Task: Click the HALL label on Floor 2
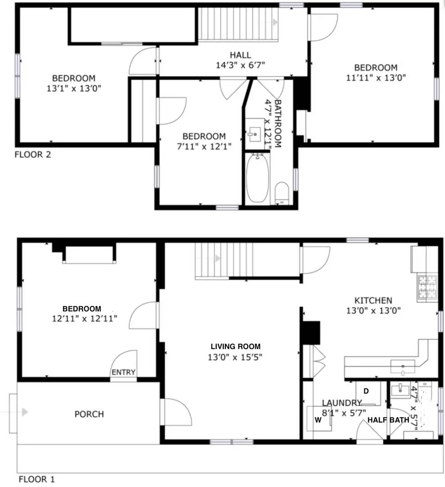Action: click(x=240, y=55)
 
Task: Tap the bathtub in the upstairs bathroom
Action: click(x=257, y=178)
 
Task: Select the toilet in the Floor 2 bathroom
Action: click(x=282, y=193)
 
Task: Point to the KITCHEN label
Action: click(x=373, y=300)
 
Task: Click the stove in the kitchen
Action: click(x=427, y=287)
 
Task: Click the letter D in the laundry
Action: click(x=366, y=391)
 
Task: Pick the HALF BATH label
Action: click(x=388, y=420)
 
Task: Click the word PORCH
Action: click(x=89, y=414)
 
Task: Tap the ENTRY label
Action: click(x=124, y=372)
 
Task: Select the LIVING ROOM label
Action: click(x=235, y=346)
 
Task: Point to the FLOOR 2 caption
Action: click(x=33, y=155)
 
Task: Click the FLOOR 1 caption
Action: click(x=36, y=479)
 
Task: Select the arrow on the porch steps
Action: click(x=24, y=412)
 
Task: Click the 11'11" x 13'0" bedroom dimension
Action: click(x=376, y=77)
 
